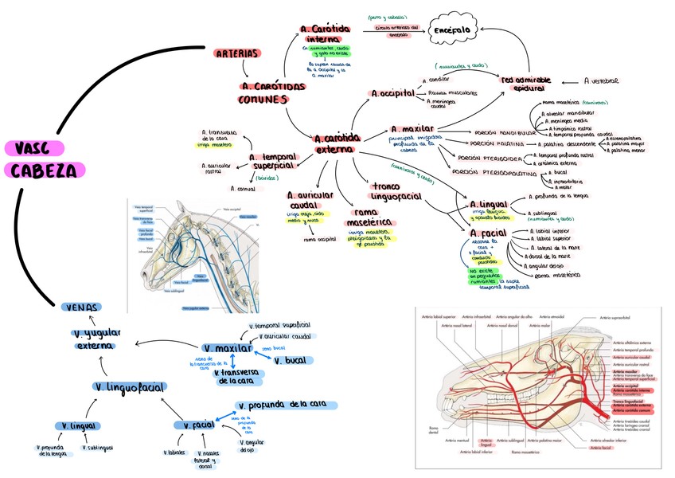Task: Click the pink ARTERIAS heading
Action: (237, 54)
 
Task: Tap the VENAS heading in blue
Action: (83, 308)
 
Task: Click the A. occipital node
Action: (393, 93)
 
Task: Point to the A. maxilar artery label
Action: (412, 128)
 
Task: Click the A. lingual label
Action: (489, 205)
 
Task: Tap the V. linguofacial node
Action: (129, 386)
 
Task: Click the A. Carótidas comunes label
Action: (272, 92)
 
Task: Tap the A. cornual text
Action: (242, 189)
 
